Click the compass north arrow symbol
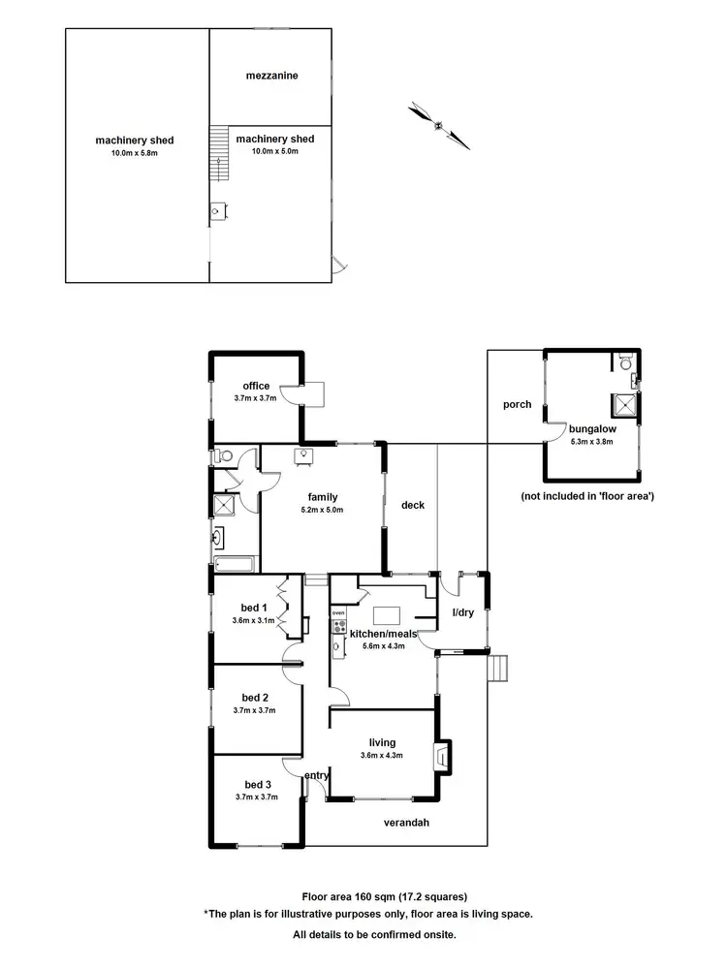pos(439,125)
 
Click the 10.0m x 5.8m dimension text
pos(134,153)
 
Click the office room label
pos(256,386)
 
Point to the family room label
pos(323,497)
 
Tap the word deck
pos(413,505)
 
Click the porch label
pos(518,404)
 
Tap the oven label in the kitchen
pos(338,613)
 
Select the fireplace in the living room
pos(442,755)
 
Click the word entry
pos(316,775)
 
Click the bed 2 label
pos(255,698)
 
